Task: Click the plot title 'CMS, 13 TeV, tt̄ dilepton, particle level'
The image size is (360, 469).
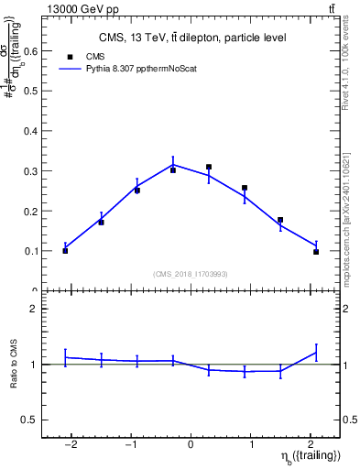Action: (191, 38)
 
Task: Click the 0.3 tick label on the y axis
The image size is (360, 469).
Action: (33, 171)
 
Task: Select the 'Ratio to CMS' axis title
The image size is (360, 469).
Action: (14, 365)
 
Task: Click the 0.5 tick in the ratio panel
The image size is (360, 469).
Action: (33, 420)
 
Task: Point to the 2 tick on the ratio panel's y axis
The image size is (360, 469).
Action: (38, 309)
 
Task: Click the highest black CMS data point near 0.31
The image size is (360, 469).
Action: (209, 168)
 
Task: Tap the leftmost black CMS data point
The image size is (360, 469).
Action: (65, 250)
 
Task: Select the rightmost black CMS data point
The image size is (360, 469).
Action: (316, 251)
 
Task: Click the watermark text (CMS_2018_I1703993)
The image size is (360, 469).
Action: (191, 274)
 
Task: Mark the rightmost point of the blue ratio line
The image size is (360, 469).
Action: (316, 353)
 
